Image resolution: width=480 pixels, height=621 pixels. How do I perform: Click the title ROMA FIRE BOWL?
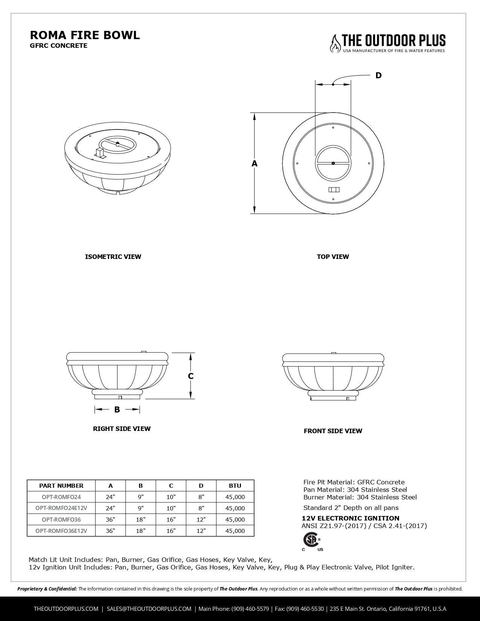pyautogui.click(x=85, y=35)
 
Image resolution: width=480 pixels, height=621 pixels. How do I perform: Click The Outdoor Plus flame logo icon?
pyautogui.click(x=334, y=43)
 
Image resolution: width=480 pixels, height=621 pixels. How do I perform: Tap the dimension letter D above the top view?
pyautogui.click(x=378, y=75)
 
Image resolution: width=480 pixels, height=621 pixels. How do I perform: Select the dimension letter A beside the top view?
pyautogui.click(x=254, y=164)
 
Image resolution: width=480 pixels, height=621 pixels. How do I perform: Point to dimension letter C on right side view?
pyautogui.click(x=191, y=376)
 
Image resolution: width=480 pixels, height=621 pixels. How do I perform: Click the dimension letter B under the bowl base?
pyautogui.click(x=117, y=409)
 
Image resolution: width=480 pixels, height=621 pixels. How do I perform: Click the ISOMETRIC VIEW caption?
pyautogui.click(x=113, y=257)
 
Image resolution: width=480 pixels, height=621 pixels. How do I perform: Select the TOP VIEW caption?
pyautogui.click(x=333, y=257)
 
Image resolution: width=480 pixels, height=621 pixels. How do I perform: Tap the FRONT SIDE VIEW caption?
pyautogui.click(x=333, y=431)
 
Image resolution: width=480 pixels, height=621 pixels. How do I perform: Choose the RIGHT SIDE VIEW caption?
pyautogui.click(x=122, y=429)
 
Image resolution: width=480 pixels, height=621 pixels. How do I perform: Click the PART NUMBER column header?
pyautogui.click(x=61, y=486)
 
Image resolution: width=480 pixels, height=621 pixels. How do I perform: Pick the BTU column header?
pyautogui.click(x=235, y=486)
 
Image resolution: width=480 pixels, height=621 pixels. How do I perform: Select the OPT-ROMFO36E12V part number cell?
pyautogui.click(x=61, y=531)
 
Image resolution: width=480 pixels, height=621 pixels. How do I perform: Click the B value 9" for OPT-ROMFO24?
pyautogui.click(x=141, y=497)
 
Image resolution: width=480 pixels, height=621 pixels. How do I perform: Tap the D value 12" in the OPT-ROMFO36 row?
pyautogui.click(x=201, y=519)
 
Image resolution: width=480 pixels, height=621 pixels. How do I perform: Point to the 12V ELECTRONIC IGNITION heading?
pyautogui.click(x=350, y=518)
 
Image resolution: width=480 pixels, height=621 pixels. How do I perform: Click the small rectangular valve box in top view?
pyautogui.click(x=334, y=189)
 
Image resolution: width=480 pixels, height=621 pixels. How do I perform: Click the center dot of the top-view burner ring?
pyautogui.click(x=333, y=163)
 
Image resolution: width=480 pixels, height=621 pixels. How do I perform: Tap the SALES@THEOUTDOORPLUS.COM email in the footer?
pyautogui.click(x=149, y=609)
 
